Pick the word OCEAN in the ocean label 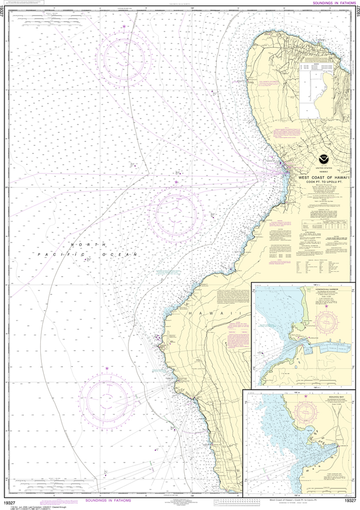click(119, 255)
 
